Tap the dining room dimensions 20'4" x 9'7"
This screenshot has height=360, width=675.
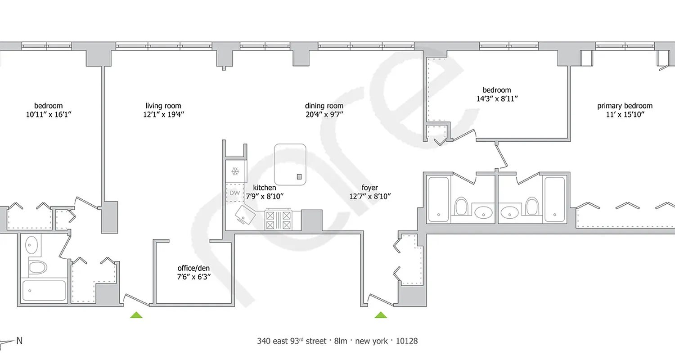(x=324, y=114)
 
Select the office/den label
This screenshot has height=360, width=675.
(x=194, y=269)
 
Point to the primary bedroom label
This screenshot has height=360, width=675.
(x=625, y=106)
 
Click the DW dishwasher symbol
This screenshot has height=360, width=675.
(x=234, y=193)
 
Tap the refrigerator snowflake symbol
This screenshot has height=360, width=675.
(x=234, y=171)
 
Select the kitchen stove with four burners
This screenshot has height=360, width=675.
(x=278, y=220)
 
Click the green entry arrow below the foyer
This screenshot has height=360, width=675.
(x=381, y=315)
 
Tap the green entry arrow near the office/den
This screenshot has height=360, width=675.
(x=136, y=315)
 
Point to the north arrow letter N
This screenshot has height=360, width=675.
(x=19, y=341)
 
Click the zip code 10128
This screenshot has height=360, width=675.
(x=406, y=341)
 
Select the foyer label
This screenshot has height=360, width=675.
(x=369, y=188)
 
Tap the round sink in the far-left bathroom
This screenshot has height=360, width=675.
(x=32, y=246)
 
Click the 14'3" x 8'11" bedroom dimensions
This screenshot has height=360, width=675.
(x=497, y=98)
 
